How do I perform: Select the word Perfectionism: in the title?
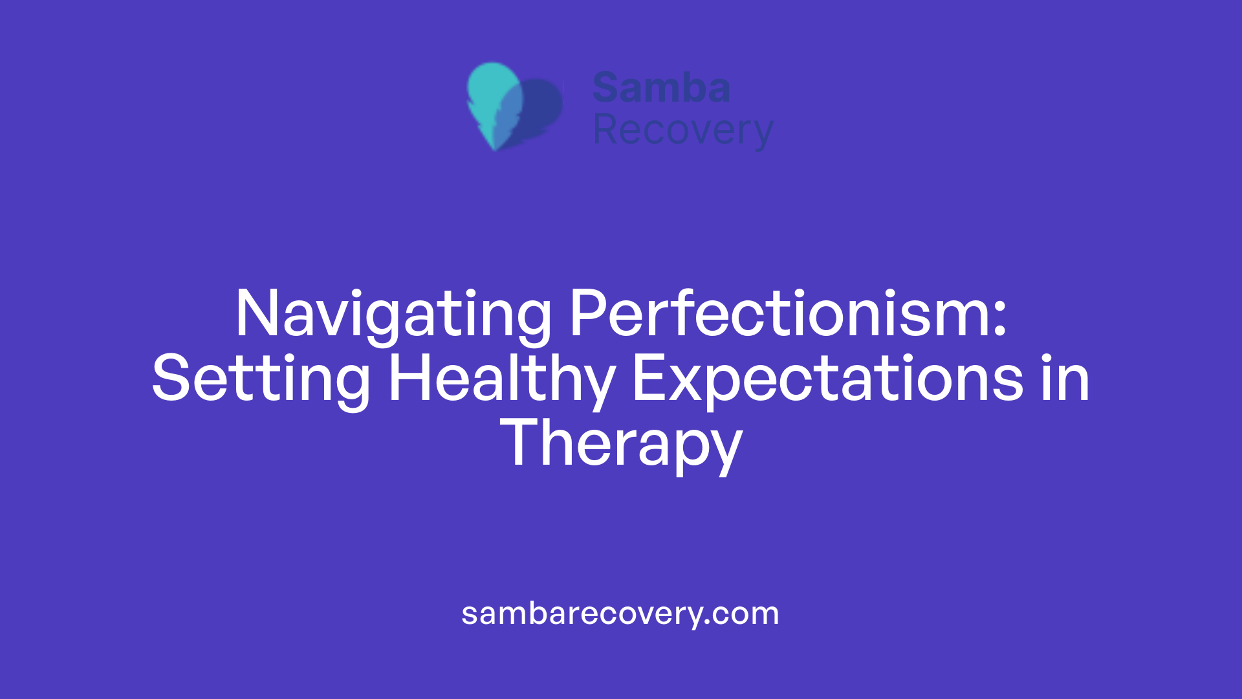[788, 315]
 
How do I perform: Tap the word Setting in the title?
[261, 379]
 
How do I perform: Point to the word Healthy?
[501, 379]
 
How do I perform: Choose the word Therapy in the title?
[621, 444]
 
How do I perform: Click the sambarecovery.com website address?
[620, 614]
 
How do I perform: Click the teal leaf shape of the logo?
[492, 97]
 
